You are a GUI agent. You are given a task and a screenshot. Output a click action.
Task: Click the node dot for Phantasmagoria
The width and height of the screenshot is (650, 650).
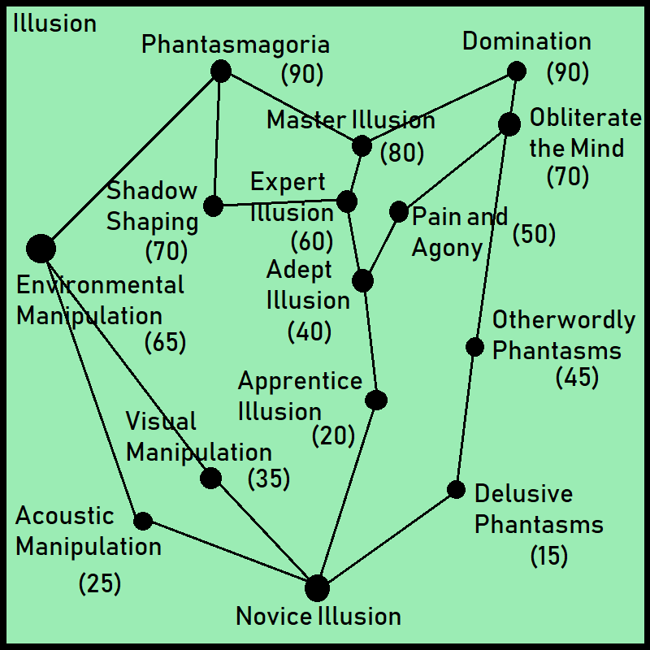pyautogui.click(x=220, y=71)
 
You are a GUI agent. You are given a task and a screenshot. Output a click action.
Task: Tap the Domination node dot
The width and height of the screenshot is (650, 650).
pyautogui.click(x=516, y=71)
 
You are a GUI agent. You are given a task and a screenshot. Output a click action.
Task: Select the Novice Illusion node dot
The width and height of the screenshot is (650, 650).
pyautogui.click(x=317, y=587)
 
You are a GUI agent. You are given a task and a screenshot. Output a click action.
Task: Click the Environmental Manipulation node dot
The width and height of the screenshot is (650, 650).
pyautogui.click(x=41, y=249)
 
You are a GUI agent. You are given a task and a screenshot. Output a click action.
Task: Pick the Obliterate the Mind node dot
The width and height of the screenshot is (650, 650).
pyautogui.click(x=509, y=124)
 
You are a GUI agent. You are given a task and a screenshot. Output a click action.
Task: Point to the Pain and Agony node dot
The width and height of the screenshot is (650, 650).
pyautogui.click(x=398, y=212)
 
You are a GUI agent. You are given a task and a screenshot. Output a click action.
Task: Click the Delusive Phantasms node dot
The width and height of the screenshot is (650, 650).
pyautogui.click(x=456, y=490)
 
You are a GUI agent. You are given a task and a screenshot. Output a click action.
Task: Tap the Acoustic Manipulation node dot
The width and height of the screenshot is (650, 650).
pyautogui.click(x=143, y=521)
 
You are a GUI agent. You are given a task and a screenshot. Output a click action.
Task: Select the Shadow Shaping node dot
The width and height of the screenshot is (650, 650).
pyautogui.click(x=213, y=206)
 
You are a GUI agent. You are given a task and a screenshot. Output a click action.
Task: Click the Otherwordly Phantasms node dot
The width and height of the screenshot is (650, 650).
pyautogui.click(x=474, y=348)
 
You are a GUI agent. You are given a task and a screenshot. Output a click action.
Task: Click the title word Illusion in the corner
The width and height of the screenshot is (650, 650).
pyautogui.click(x=55, y=24)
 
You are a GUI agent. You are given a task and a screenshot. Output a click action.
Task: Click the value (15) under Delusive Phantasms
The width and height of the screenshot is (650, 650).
pyautogui.click(x=549, y=556)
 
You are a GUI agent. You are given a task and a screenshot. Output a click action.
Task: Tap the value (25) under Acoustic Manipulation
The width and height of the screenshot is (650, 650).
pyautogui.click(x=100, y=583)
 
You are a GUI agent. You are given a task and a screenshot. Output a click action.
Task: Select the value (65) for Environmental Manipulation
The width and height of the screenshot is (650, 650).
pyautogui.click(x=165, y=342)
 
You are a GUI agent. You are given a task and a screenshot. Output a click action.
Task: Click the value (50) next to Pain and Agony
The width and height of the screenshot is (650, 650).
pyautogui.click(x=534, y=234)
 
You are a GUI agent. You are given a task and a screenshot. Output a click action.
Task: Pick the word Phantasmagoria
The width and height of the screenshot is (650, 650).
pyautogui.click(x=235, y=44)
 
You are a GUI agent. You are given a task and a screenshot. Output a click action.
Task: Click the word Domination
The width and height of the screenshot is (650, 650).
pyautogui.click(x=526, y=41)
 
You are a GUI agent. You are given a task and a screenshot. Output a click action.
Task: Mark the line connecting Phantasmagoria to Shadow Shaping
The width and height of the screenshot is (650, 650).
pyautogui.click(x=217, y=138)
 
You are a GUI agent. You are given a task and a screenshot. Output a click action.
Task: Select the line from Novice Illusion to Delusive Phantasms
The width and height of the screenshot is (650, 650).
pyautogui.click(x=387, y=539)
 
